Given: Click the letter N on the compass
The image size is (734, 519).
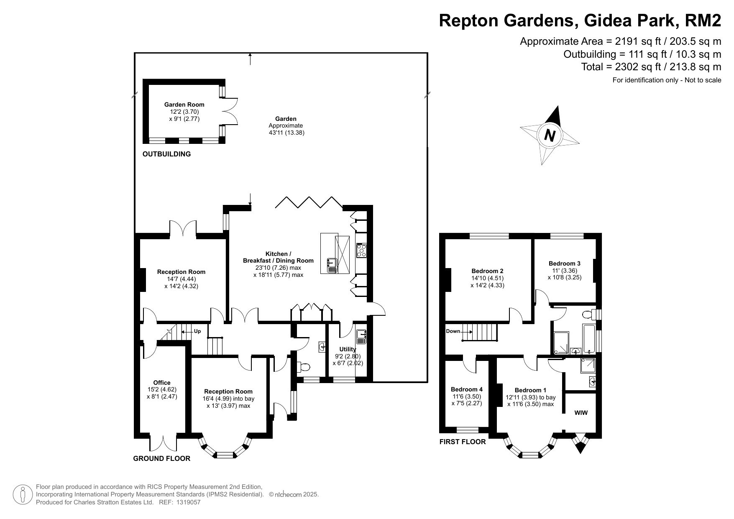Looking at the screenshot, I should click(x=550, y=136).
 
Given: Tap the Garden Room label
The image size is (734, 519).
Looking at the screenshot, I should click(x=184, y=105).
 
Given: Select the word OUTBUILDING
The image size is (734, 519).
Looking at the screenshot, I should click(x=166, y=154).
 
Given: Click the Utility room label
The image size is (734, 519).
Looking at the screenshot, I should click(x=348, y=349).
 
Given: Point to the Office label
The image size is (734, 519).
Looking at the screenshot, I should click(x=162, y=383).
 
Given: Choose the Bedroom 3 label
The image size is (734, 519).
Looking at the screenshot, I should click(x=564, y=263).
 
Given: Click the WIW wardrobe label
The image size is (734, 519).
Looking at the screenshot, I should click(x=581, y=413).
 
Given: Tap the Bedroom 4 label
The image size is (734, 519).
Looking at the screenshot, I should click(x=467, y=389).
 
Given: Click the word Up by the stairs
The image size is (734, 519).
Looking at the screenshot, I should click(x=197, y=331).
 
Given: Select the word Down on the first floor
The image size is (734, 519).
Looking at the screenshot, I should click(x=453, y=331).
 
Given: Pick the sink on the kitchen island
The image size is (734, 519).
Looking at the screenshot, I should click(x=332, y=265).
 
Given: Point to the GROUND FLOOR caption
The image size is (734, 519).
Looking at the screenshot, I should click(x=161, y=458).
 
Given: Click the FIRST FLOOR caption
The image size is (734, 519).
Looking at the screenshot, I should click(x=463, y=442).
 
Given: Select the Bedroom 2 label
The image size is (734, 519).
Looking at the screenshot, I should click(x=487, y=271).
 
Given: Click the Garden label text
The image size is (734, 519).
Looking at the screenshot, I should click(x=286, y=119).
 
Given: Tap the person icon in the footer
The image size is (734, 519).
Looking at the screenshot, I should click(x=23, y=495).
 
